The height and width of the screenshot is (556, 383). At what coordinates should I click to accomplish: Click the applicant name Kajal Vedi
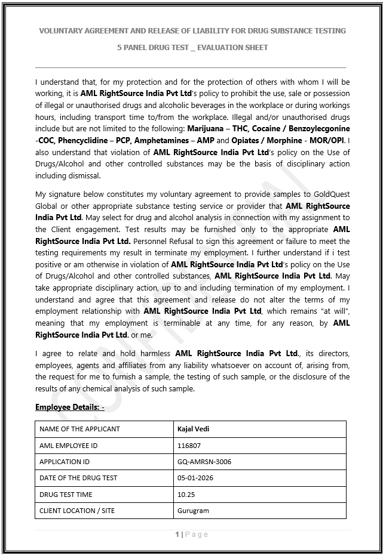(x=193, y=429)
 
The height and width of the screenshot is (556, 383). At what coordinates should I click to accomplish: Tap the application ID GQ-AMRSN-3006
(x=204, y=462)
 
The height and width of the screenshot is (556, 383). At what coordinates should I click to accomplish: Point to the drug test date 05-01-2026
(x=195, y=478)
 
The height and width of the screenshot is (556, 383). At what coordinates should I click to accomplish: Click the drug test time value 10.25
(x=186, y=495)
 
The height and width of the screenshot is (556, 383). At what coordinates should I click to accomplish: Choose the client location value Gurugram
(x=193, y=511)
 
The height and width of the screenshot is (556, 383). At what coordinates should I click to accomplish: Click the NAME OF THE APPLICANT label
(x=79, y=429)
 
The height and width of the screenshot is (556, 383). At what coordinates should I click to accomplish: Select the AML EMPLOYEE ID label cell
(x=68, y=445)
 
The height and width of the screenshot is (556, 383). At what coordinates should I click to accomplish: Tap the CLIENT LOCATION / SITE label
(x=76, y=511)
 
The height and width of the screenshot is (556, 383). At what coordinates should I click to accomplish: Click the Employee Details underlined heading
(x=69, y=407)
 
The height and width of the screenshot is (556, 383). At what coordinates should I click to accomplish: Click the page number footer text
(x=192, y=534)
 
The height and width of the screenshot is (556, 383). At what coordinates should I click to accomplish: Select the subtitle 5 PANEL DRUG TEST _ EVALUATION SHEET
(x=192, y=48)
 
